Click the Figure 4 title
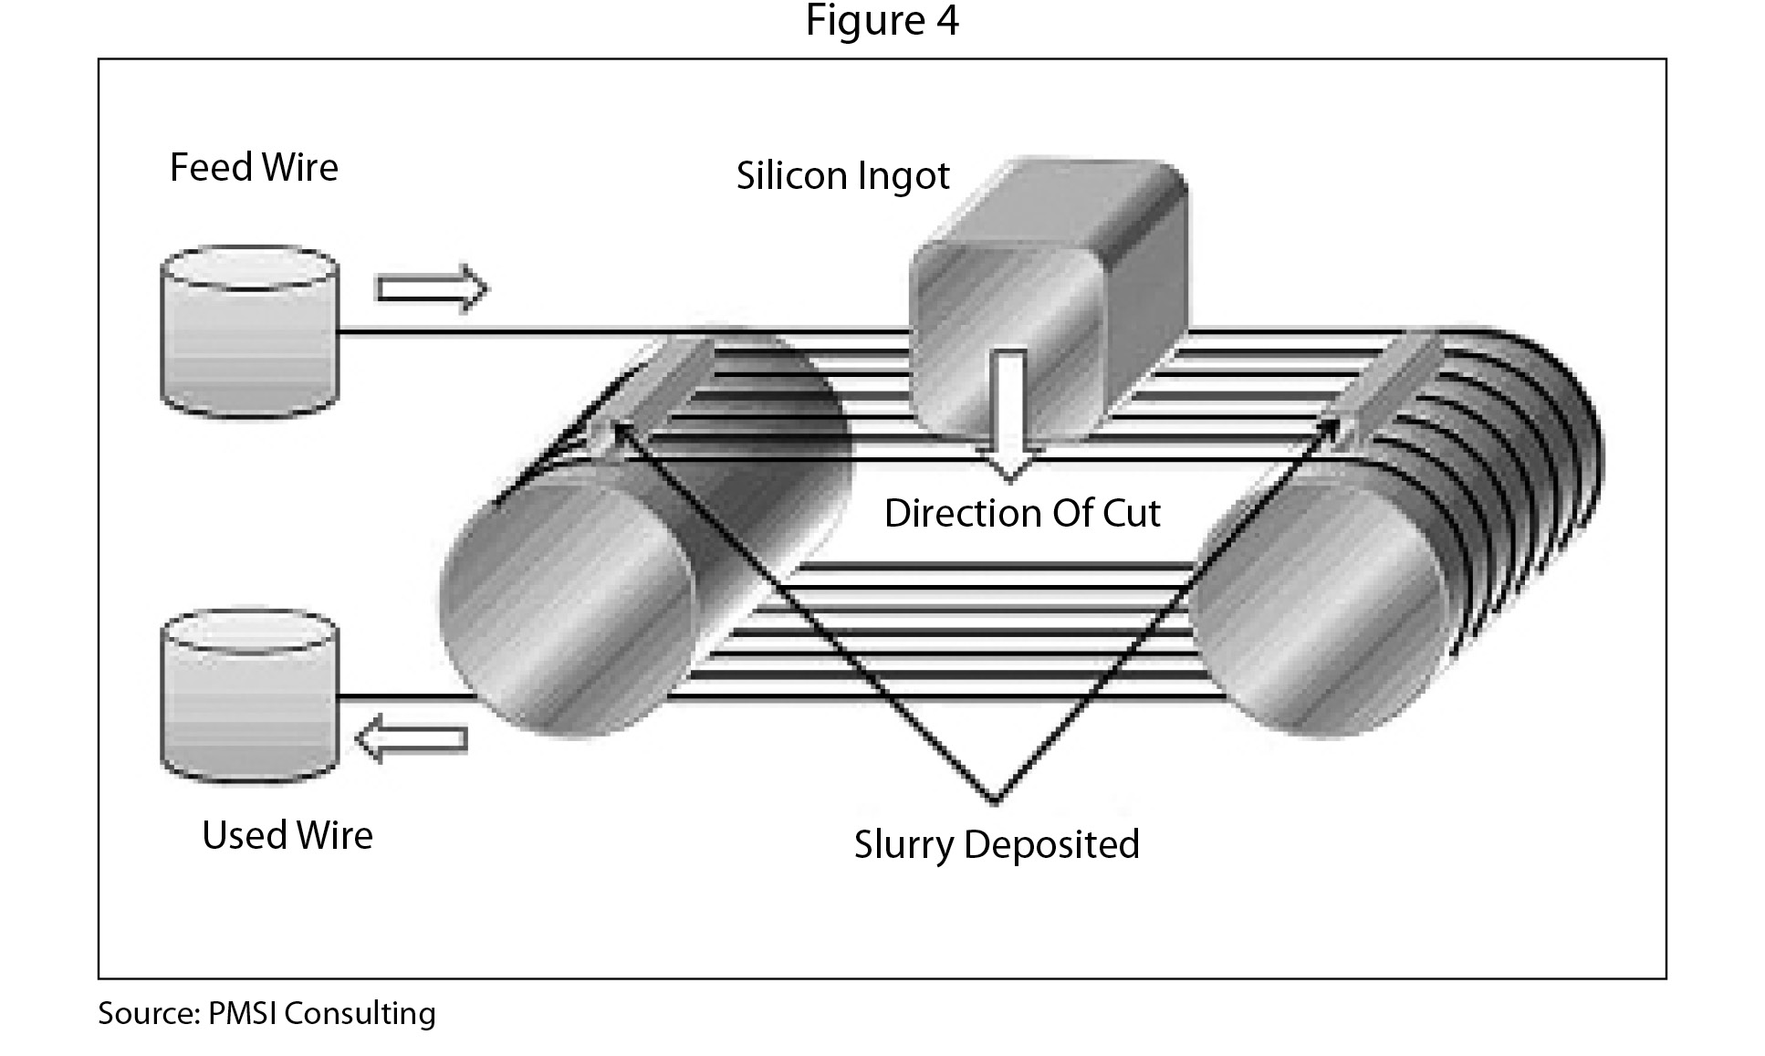pyautogui.click(x=882, y=20)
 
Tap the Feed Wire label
pyautogui.click(x=254, y=168)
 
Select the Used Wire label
pyautogui.click(x=287, y=835)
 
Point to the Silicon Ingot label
pyautogui.click(x=842, y=175)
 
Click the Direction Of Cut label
pyautogui.click(x=1021, y=513)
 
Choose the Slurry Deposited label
pyautogui.click(x=996, y=843)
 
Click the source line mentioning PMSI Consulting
pyautogui.click(x=266, y=1013)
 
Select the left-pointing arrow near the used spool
pyautogui.click(x=412, y=737)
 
